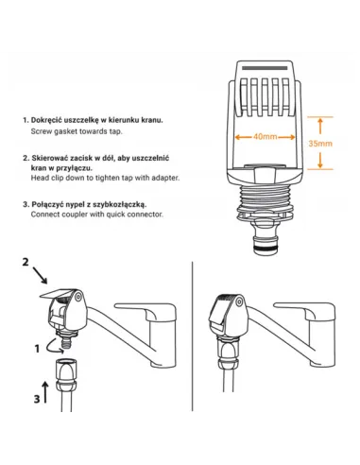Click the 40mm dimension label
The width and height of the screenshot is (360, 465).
pyautogui.click(x=266, y=137)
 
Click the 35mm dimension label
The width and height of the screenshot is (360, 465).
pyautogui.click(x=320, y=144)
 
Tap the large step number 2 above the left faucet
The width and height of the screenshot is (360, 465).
pyautogui.click(x=26, y=262)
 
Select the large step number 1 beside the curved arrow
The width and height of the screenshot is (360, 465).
pyautogui.click(x=37, y=349)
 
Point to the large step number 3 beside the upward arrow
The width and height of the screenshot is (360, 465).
pyautogui.click(x=37, y=399)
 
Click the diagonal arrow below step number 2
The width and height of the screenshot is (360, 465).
pyautogui.click(x=40, y=276)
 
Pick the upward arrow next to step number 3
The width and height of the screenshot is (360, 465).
pyautogui.click(x=45, y=392)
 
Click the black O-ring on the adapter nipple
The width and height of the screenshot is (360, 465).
pyautogui.click(x=266, y=249)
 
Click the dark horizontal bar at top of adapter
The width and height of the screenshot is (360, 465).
pyautogui.click(x=265, y=68)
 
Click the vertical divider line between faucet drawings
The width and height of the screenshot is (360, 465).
pyautogui.click(x=192, y=336)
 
